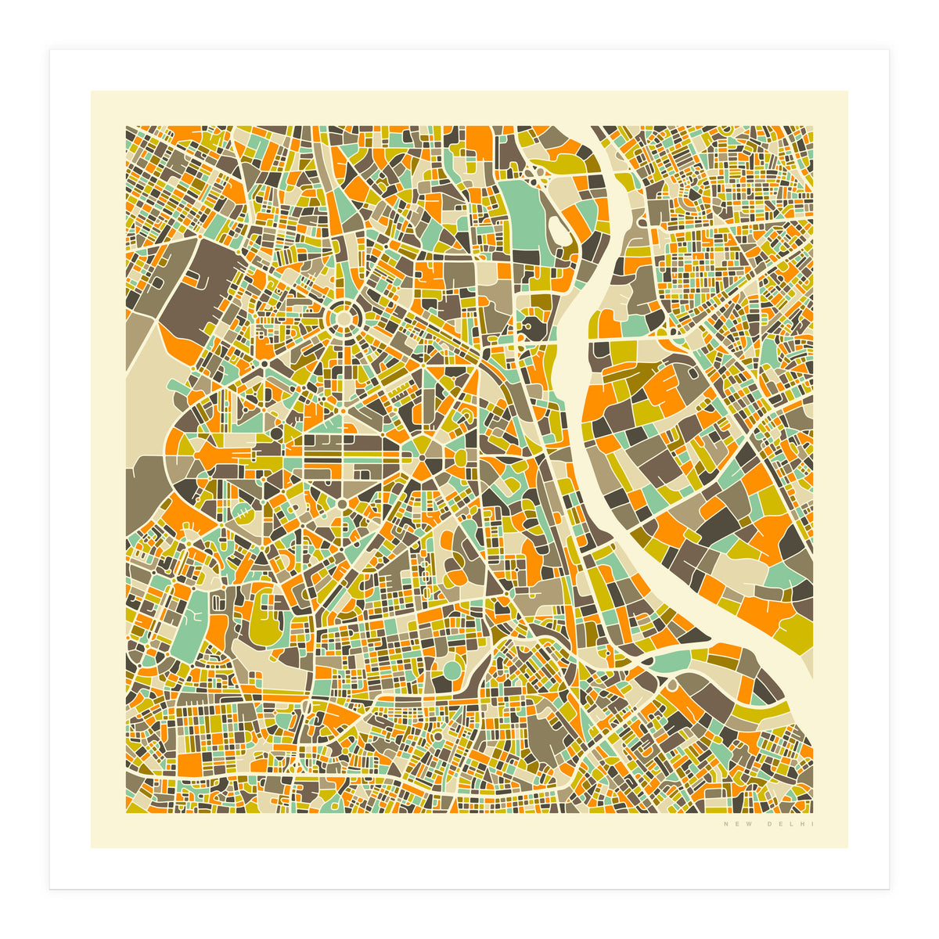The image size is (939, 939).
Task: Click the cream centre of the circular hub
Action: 342,318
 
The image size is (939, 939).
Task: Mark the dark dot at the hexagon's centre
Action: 422,458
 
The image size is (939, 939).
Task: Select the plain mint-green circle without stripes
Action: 452,670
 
